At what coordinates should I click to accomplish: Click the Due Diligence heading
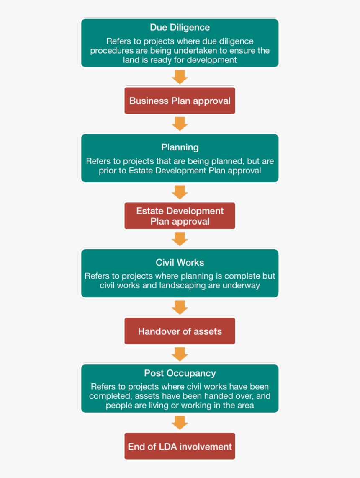pos(180,27)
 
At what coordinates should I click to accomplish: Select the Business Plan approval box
pos(180,101)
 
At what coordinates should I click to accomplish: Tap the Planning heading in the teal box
pos(180,147)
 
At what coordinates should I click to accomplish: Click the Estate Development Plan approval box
pos(180,216)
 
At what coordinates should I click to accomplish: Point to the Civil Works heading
pos(180,263)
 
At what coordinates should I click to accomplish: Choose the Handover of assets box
pos(180,331)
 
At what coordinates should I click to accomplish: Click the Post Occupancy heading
pos(180,373)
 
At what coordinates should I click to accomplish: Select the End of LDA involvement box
pos(180,446)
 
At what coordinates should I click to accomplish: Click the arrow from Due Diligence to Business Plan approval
pos(180,77)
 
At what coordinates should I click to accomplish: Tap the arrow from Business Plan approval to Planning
pos(180,124)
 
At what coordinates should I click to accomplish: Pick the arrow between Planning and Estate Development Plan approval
pos(180,192)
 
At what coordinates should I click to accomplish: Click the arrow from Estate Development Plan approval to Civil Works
pos(180,239)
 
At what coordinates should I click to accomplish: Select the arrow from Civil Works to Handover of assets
pos(180,307)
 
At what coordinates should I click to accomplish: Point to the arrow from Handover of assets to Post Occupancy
pos(180,354)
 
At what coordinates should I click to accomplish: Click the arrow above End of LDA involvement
pos(180,423)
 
